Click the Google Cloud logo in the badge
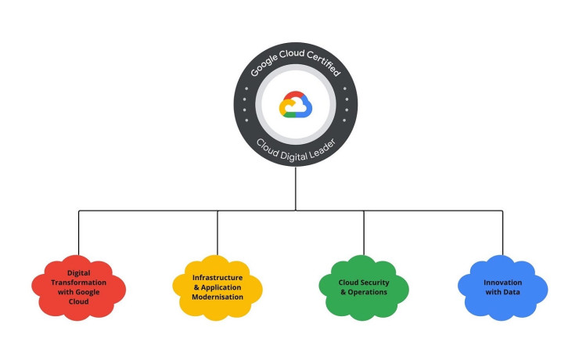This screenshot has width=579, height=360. click(296, 105)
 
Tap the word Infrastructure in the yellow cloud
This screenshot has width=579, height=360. click(218, 277)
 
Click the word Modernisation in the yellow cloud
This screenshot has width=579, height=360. click(218, 297)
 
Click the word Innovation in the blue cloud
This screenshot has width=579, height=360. click(502, 282)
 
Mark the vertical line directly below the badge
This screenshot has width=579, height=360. click(296, 188)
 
